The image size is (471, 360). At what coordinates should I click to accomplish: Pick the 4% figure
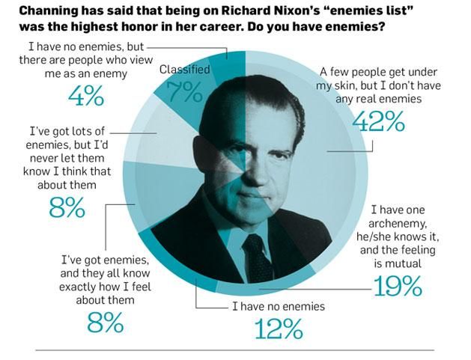(86, 97)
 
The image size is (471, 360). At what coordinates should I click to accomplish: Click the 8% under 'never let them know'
(67, 207)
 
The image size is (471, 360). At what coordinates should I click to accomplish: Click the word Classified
(183, 70)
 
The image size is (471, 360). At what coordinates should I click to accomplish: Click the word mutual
(405, 263)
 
